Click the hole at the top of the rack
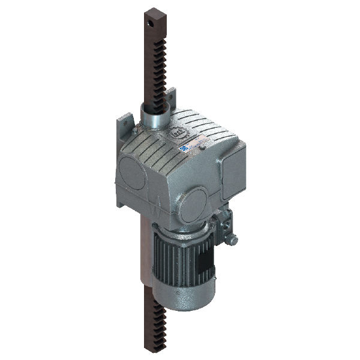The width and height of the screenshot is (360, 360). pyautogui.click(x=148, y=22)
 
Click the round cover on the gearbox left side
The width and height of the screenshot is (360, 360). pyautogui.click(x=131, y=175)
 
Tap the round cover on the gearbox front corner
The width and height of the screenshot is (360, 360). pyautogui.click(x=194, y=203)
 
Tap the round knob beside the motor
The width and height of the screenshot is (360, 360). pyautogui.click(x=232, y=240)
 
